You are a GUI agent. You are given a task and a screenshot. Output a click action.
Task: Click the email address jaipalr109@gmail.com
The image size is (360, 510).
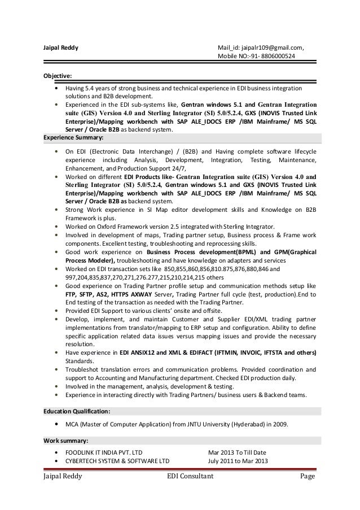[274, 47]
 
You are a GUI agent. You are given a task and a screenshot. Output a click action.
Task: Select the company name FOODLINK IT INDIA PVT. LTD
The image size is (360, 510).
[104, 452]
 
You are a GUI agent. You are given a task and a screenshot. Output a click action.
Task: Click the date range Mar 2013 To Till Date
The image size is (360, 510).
[237, 452]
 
